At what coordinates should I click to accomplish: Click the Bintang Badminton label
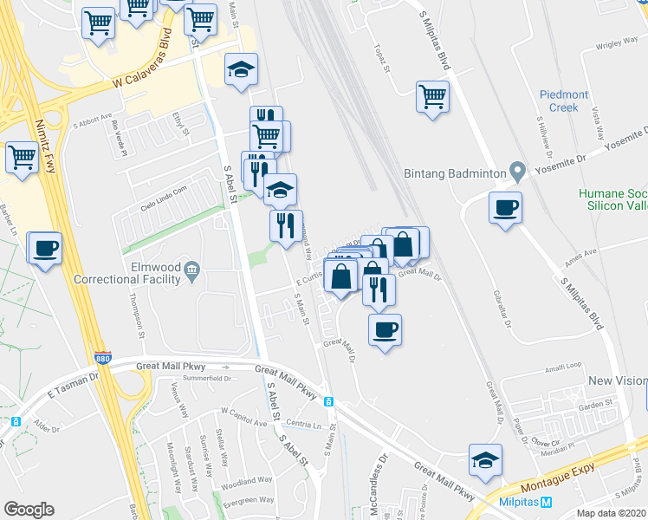455,173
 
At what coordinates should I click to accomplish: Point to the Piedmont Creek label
564,101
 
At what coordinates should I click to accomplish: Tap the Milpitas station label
519,503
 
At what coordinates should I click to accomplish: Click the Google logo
29,510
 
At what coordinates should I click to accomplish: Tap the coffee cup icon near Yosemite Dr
505,208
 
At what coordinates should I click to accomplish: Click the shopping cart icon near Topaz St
432,96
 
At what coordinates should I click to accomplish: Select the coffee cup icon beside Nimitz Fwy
45,248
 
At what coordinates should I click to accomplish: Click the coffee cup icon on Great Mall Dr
385,329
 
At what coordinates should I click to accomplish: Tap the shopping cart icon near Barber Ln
22,158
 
